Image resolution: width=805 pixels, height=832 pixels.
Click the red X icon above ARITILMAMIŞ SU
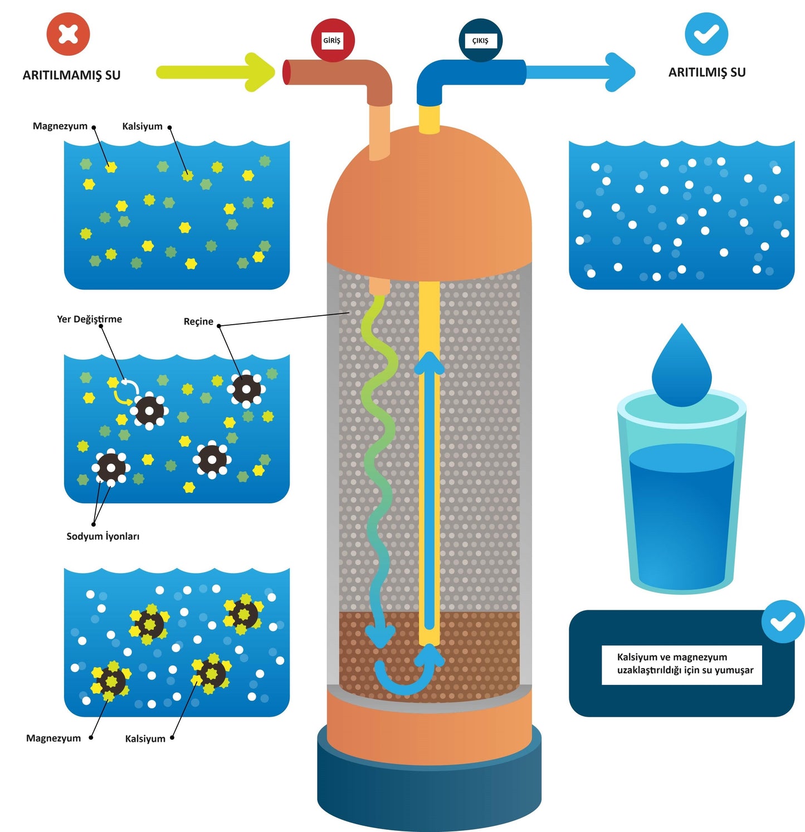[68, 34]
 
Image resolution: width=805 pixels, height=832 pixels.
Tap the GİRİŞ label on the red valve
[332, 41]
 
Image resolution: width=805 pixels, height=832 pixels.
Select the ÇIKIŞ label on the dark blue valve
[480, 41]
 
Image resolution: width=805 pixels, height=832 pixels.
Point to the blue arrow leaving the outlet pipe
[579, 72]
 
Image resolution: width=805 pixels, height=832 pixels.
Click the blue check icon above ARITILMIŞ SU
[706, 34]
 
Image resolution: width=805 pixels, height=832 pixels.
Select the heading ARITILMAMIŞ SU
[71, 75]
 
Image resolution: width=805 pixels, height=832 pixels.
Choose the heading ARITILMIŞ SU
[706, 72]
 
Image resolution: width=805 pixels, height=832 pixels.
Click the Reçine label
[198, 321]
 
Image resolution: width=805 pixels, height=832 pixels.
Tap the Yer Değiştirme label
[89, 319]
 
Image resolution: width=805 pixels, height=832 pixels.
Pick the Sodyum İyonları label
[103, 536]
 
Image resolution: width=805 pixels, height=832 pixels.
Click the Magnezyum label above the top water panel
[60, 126]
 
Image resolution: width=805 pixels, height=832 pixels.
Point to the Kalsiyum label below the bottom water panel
[145, 738]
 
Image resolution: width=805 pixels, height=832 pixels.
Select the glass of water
[681, 501]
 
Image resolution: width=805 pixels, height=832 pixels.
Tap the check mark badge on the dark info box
[783, 621]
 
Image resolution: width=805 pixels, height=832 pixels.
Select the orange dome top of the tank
[429, 206]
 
